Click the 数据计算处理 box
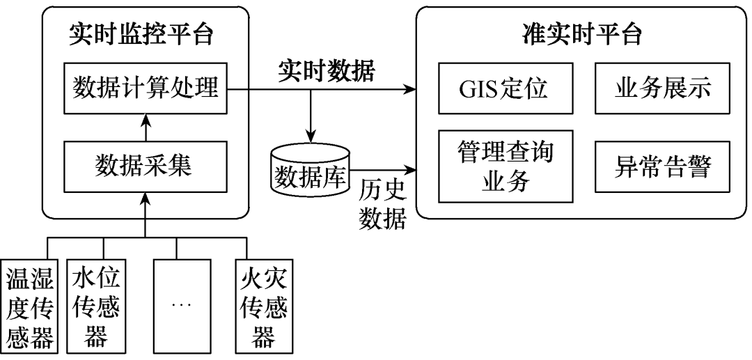coord(146,89)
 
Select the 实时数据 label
coord(326,70)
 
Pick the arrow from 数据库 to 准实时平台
coord(383,169)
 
